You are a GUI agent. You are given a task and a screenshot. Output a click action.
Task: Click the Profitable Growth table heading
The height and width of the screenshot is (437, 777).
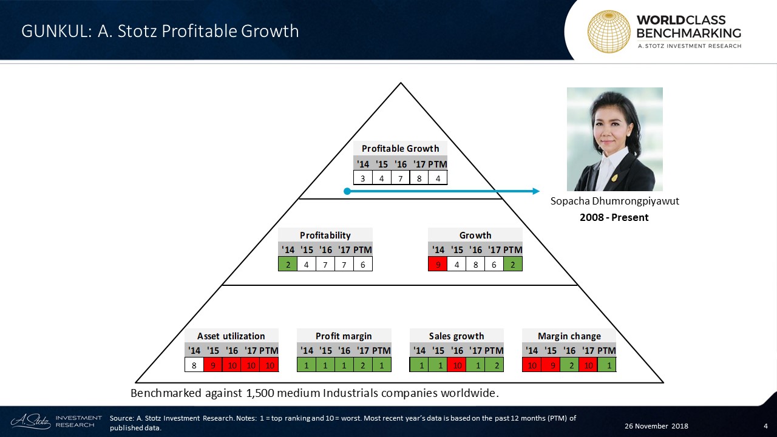point(400,149)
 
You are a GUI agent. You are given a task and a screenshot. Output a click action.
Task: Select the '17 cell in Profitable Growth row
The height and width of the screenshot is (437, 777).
point(419,178)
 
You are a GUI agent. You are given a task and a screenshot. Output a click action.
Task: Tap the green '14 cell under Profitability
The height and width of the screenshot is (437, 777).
point(288,264)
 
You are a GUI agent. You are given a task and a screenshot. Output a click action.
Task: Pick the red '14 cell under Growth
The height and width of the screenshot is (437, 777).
point(438,264)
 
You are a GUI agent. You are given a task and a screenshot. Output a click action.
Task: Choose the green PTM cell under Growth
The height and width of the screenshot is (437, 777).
point(513,264)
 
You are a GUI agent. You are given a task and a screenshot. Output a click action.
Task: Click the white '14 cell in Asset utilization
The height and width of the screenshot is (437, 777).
point(194,365)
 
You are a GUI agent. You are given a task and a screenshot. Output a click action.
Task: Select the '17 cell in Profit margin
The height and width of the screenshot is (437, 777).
point(363,365)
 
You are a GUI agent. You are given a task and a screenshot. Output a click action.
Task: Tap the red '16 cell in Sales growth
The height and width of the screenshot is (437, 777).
point(457,365)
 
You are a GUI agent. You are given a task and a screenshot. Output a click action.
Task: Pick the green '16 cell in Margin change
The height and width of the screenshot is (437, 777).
point(569,365)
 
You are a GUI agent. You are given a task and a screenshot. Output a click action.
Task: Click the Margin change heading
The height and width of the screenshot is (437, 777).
point(569,336)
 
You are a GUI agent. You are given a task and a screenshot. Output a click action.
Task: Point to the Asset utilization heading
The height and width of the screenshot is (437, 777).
point(231,336)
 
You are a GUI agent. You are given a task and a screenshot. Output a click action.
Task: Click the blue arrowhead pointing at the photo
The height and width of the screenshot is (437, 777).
point(536,191)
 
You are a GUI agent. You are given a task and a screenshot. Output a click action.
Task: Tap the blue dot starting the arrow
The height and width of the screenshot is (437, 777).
point(347,191)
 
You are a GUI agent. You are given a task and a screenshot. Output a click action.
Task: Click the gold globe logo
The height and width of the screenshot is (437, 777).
point(609,31)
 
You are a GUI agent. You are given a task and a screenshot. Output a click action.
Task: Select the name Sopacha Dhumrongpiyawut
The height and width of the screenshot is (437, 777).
point(615,202)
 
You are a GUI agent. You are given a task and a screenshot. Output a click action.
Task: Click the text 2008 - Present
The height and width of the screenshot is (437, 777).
point(614,217)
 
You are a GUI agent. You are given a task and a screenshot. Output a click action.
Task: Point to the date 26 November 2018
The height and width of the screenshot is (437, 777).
point(656,426)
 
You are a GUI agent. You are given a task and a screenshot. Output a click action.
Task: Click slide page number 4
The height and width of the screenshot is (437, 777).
point(765,426)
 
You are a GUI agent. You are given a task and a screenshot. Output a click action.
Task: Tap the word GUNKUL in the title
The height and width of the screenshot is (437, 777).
point(55,31)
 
